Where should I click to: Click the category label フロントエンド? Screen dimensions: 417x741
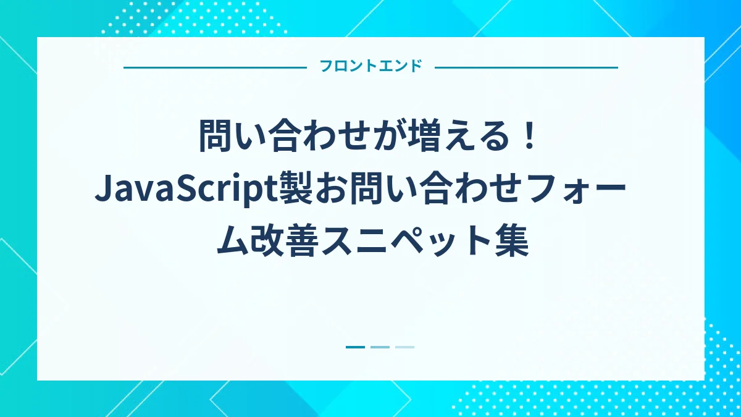coord(371,66)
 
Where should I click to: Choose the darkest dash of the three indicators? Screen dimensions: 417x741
coord(355,347)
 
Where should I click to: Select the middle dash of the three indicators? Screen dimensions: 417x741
coord(380,347)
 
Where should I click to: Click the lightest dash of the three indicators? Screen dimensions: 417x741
coord(404,347)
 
